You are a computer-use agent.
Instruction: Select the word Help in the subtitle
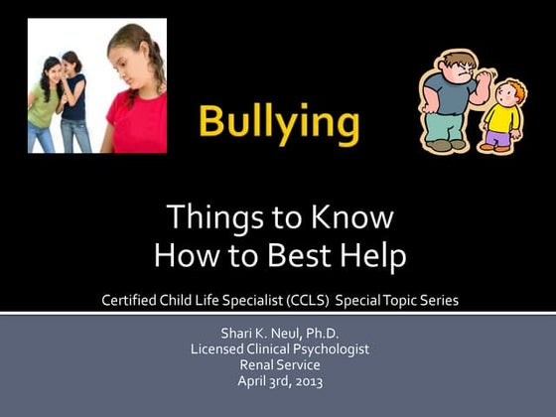(x=372, y=256)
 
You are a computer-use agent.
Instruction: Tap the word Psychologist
(x=328, y=349)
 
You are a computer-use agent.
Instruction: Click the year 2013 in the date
(x=309, y=381)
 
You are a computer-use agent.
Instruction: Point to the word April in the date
(x=253, y=381)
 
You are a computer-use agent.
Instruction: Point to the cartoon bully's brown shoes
(x=442, y=144)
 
